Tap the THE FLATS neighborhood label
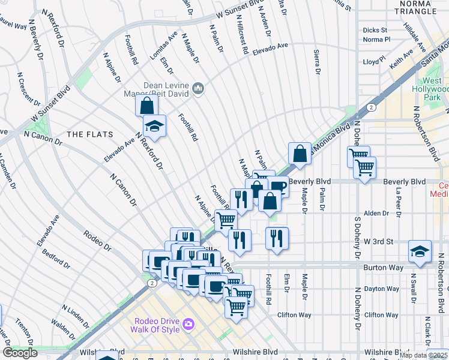tap(86, 134)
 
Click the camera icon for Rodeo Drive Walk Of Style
tap(188, 324)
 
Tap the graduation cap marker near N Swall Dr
tap(420, 252)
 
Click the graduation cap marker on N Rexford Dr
tap(154, 127)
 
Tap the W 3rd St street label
tap(378, 242)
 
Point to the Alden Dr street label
tap(376, 213)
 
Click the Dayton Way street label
tap(381, 289)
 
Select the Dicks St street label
tap(375, 30)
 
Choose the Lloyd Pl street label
tap(374, 62)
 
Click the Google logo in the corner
tap(20, 352)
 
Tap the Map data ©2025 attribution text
tap(423, 355)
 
